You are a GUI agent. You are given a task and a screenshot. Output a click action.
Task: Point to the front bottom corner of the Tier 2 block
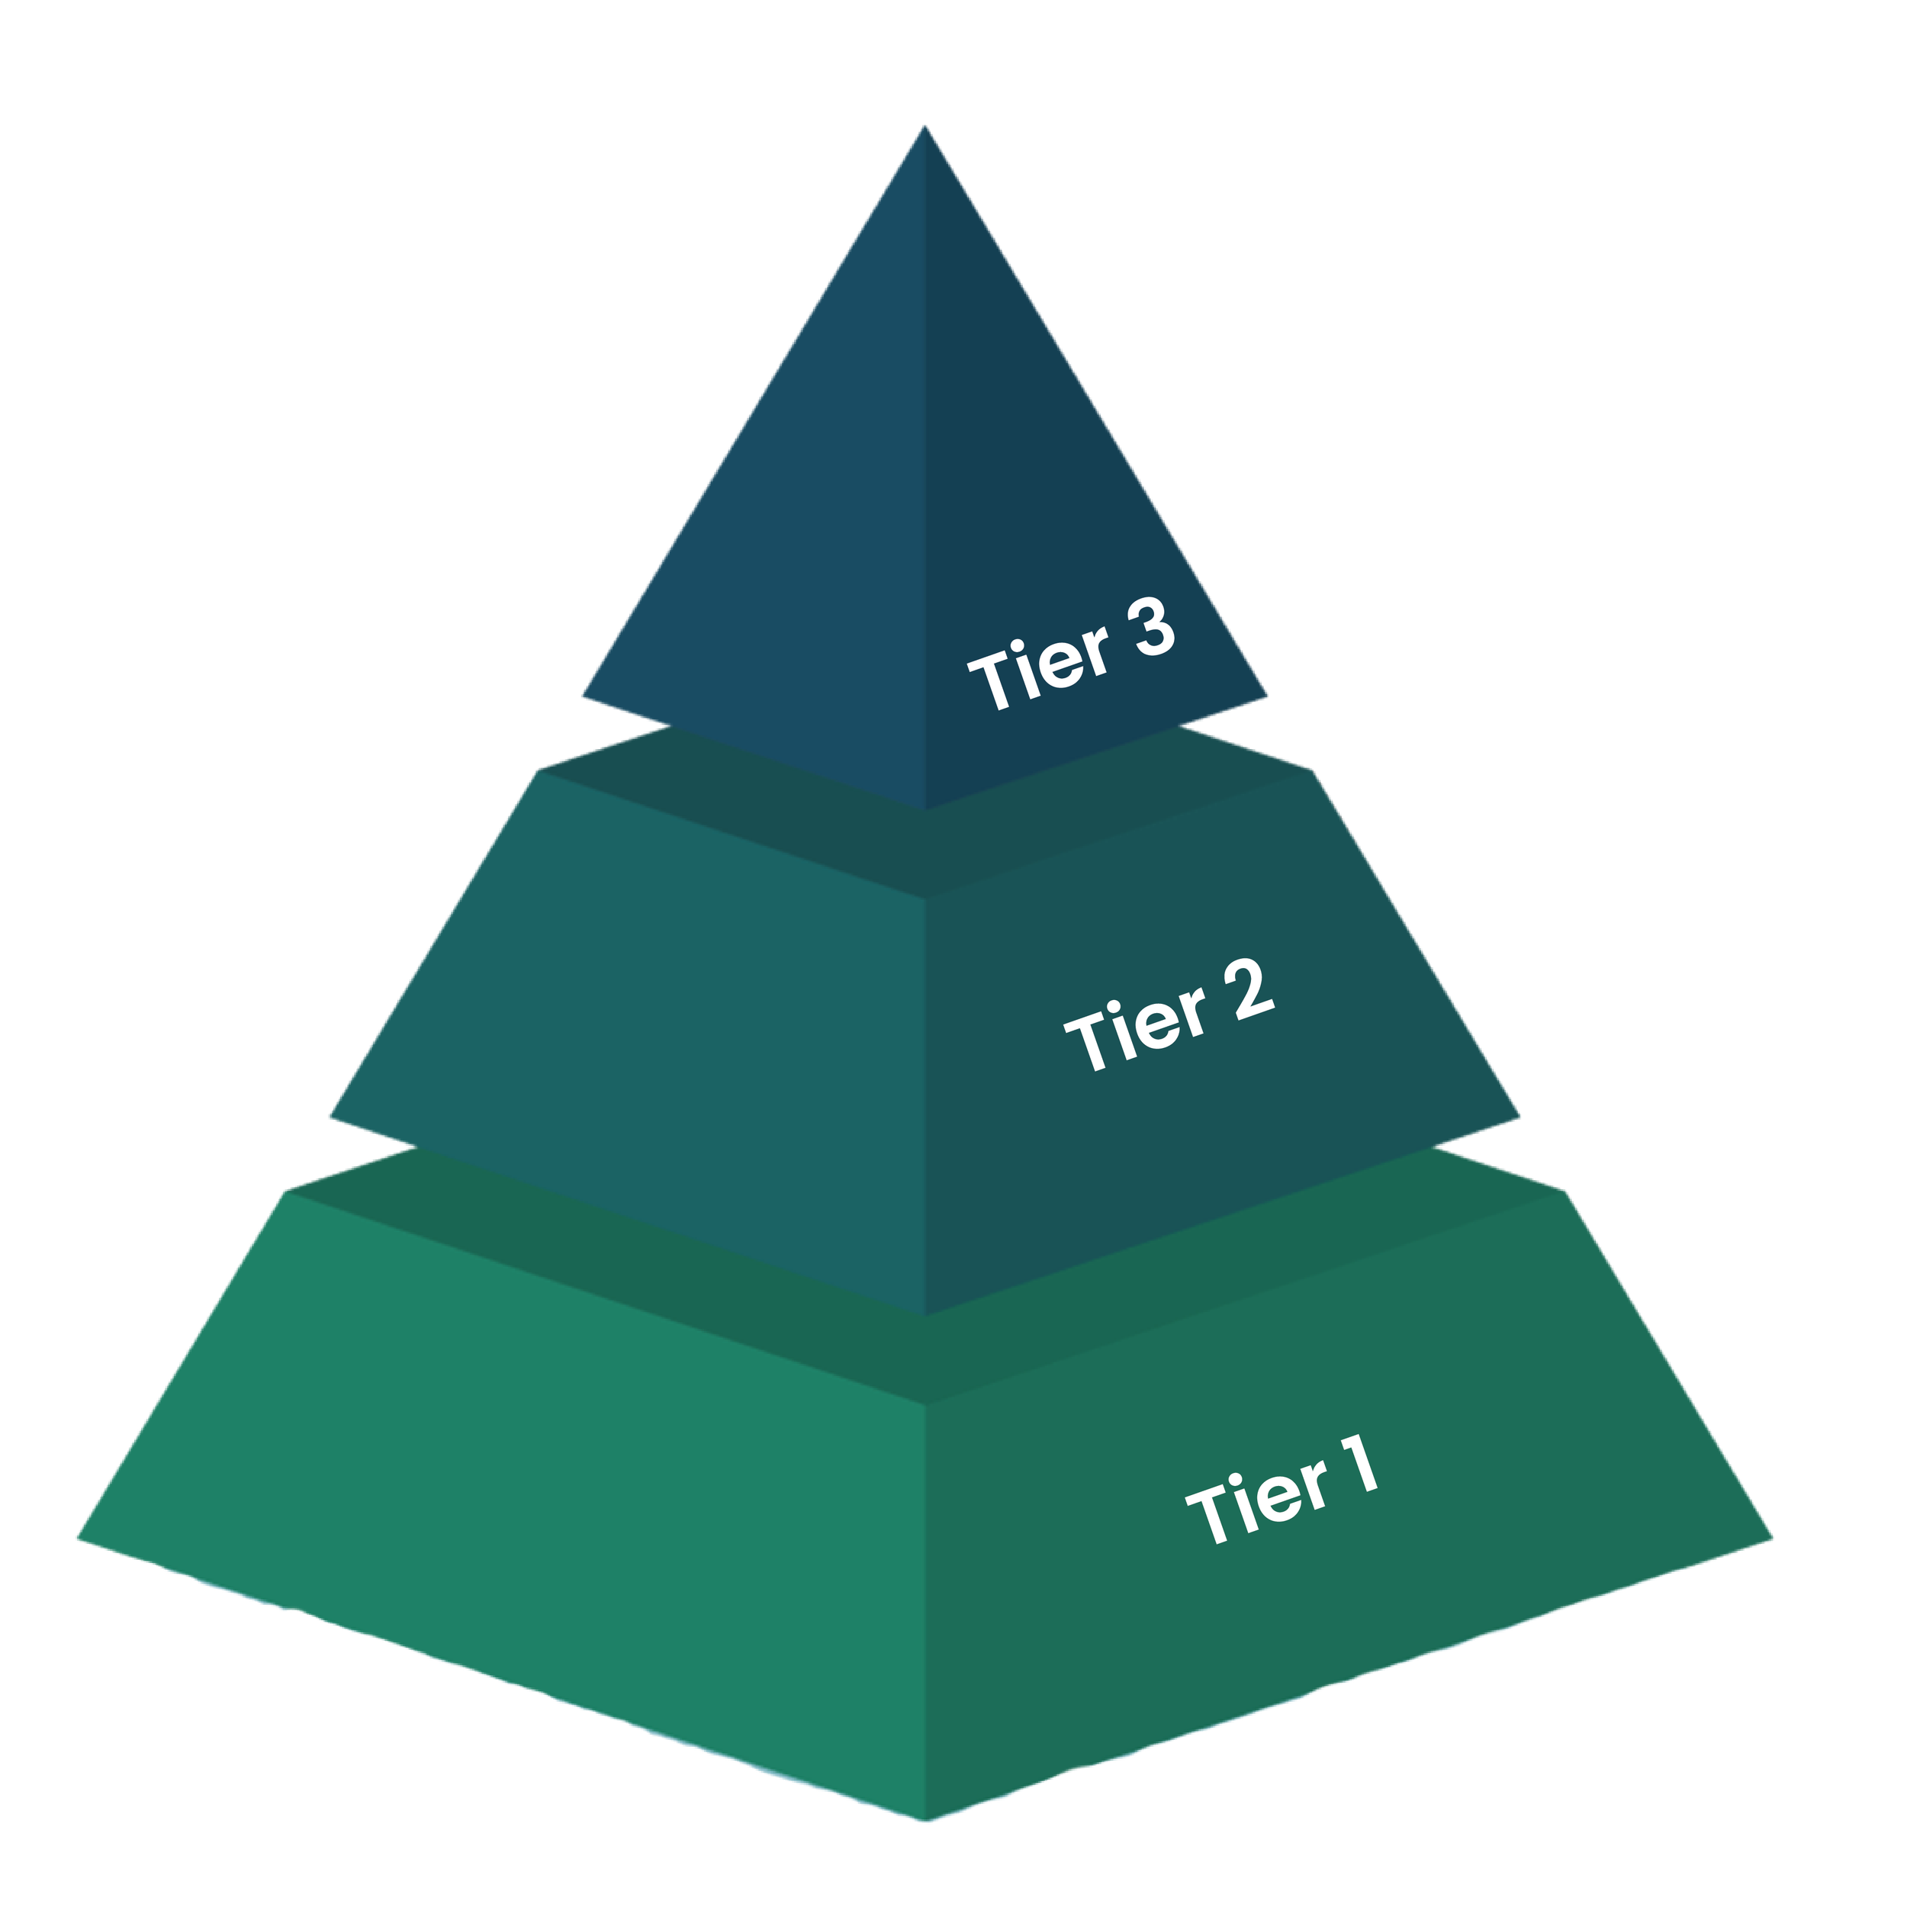tap(924, 1316)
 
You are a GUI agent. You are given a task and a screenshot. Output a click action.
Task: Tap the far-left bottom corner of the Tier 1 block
tap(77, 1538)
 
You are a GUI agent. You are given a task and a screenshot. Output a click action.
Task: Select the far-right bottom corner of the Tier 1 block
tap(1772, 1538)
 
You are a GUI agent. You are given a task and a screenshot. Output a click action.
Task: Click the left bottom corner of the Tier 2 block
tap(329, 1121)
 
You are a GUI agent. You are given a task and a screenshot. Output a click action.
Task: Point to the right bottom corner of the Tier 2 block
tap(1520, 1118)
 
